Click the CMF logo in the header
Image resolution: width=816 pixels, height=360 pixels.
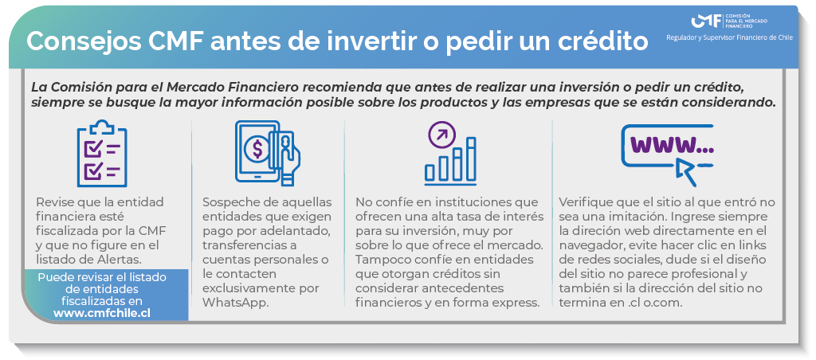click(x=728, y=22)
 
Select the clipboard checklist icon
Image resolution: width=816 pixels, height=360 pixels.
click(x=102, y=154)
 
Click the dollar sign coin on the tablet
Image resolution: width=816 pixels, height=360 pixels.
click(x=257, y=149)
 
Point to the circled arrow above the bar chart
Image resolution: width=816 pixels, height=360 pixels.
click(x=441, y=135)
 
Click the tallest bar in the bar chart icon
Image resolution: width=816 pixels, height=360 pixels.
click(x=471, y=159)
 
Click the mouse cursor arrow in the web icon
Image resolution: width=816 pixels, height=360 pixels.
click(x=686, y=172)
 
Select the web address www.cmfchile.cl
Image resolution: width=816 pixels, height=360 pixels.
click(x=102, y=313)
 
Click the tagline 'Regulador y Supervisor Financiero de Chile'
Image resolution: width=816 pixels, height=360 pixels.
click(x=729, y=37)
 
